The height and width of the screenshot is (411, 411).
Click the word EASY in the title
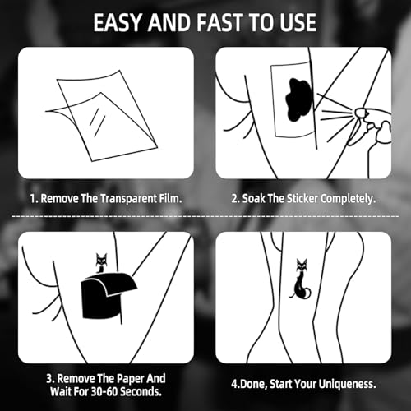117,22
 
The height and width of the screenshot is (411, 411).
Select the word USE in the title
298,22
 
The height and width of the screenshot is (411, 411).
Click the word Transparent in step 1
128,198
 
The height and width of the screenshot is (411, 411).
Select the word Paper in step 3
127,379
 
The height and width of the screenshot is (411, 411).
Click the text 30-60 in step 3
102,391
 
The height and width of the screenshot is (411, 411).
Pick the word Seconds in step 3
141,391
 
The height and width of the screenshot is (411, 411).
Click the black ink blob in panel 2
299,99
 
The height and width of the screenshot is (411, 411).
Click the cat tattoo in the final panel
301,279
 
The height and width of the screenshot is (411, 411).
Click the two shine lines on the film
98,122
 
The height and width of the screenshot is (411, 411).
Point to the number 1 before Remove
33,199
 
